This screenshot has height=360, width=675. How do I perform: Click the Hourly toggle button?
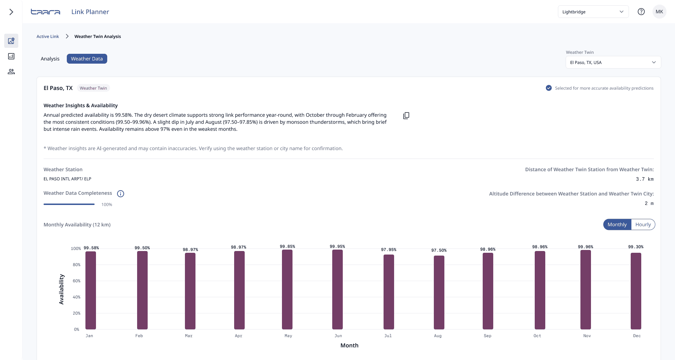643,225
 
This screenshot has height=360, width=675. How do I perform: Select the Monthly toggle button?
617,225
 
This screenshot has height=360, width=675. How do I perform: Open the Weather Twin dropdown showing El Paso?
613,62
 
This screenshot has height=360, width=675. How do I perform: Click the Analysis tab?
50,59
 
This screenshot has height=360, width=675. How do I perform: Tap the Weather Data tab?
87,59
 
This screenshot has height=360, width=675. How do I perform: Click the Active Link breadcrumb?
48,37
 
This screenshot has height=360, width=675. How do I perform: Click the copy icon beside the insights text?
406,116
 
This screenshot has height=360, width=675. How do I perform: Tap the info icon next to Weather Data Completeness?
121,194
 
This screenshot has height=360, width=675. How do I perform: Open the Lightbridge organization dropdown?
593,12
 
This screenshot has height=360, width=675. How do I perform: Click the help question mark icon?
641,12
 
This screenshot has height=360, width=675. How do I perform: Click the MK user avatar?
659,12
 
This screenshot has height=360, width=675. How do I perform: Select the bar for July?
389,292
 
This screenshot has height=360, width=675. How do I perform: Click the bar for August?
439,292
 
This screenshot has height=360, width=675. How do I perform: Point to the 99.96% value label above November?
586,247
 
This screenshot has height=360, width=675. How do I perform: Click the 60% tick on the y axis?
77,281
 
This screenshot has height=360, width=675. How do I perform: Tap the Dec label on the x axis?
637,336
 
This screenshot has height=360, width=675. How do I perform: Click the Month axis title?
349,345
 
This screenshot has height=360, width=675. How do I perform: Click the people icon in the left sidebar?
11,72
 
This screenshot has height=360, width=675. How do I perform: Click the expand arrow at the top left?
11,12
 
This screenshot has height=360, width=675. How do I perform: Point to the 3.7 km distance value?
645,179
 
